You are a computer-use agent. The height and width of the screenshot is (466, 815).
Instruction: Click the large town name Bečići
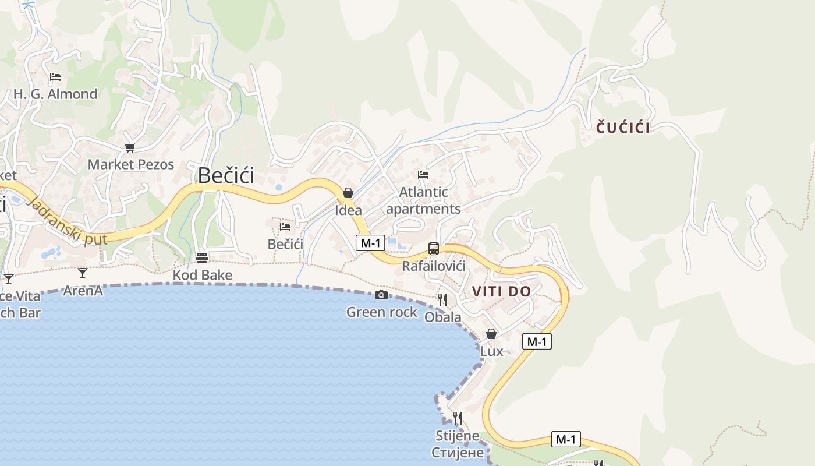226,175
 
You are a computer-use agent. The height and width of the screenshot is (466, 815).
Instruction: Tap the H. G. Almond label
55,94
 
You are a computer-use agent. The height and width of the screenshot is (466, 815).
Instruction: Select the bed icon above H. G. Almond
55,77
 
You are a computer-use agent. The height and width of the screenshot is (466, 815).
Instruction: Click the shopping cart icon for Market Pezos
130,147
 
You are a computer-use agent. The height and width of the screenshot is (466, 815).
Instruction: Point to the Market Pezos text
131,164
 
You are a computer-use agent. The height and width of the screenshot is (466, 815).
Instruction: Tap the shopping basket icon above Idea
348,193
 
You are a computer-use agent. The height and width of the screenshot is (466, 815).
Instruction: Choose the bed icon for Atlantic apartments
423,174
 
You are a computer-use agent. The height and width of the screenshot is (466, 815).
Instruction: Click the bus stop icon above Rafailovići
434,249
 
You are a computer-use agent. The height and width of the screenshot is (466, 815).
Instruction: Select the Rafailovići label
434,266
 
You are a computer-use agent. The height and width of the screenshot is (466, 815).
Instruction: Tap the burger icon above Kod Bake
202,257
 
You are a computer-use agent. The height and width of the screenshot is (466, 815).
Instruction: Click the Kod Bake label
203,275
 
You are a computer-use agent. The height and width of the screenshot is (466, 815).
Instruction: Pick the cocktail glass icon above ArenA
83,273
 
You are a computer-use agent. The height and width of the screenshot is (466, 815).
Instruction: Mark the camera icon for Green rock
381,295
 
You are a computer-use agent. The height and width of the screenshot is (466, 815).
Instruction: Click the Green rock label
382,312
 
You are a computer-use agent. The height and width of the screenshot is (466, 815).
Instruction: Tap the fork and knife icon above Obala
442,300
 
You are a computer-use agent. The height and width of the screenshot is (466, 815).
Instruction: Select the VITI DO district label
501,291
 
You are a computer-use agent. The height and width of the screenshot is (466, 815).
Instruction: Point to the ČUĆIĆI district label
623,128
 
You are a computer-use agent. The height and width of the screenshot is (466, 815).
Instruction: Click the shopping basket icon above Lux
491,334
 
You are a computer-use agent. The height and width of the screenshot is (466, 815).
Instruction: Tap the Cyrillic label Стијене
458,452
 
